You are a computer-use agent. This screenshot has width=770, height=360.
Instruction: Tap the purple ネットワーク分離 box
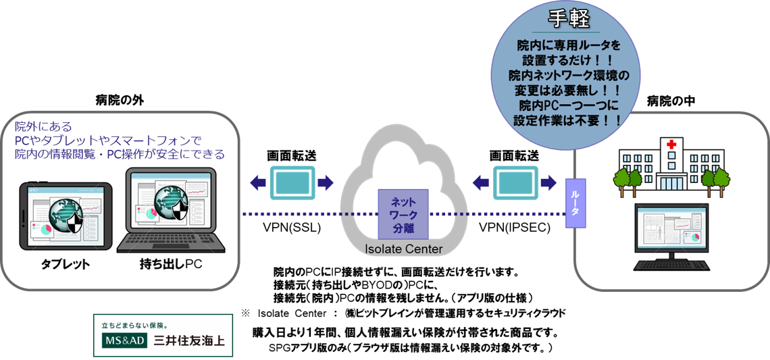point(404,213)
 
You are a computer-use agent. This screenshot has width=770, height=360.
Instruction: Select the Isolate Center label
point(404,249)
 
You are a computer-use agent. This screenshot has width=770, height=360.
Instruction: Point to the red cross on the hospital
point(671,145)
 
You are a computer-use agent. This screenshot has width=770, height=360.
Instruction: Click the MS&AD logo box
point(124,341)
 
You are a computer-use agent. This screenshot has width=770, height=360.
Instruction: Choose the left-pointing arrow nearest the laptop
point(257,182)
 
